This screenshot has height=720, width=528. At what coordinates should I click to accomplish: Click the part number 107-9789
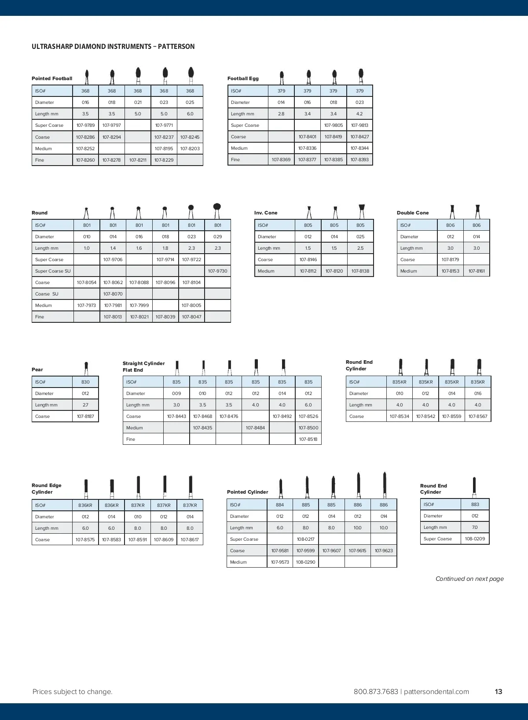point(85,126)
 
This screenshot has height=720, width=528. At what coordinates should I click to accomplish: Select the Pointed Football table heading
point(52,79)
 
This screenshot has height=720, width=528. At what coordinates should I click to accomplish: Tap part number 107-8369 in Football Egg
point(281,160)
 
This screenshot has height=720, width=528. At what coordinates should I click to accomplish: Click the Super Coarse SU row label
point(53,271)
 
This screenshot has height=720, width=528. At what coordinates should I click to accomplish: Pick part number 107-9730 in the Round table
point(217,271)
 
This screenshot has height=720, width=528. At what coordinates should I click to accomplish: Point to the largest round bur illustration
point(217,210)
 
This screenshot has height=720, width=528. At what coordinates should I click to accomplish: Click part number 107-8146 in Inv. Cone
point(308,260)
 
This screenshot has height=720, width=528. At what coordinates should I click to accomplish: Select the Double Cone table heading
point(412,213)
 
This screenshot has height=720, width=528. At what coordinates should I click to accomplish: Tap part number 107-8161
point(477,271)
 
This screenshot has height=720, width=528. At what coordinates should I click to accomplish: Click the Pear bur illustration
point(86,368)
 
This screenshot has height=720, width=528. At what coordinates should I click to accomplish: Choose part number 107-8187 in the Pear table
point(85,417)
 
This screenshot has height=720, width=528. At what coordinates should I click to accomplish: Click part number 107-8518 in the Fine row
point(308,439)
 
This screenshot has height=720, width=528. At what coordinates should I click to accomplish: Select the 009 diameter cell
point(176,394)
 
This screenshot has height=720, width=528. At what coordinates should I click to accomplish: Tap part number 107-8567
point(478,417)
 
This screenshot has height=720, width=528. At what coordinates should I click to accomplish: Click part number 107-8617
point(190,540)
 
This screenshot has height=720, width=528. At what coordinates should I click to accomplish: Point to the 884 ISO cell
point(280,505)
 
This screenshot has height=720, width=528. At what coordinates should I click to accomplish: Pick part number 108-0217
point(305,539)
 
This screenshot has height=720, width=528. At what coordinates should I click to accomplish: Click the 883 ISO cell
point(475,505)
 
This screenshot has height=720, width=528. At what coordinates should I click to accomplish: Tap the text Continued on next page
point(469,579)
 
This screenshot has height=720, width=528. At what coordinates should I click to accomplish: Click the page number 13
point(498,692)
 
